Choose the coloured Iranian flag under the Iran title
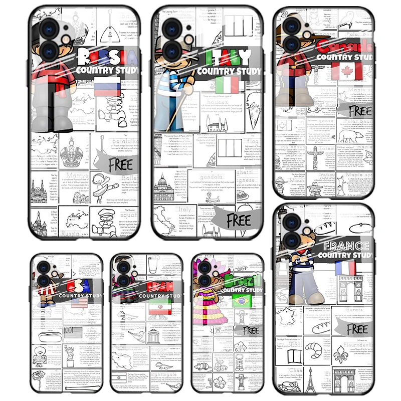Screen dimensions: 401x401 click(156, 310)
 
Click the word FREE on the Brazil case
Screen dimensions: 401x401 click(250, 330)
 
